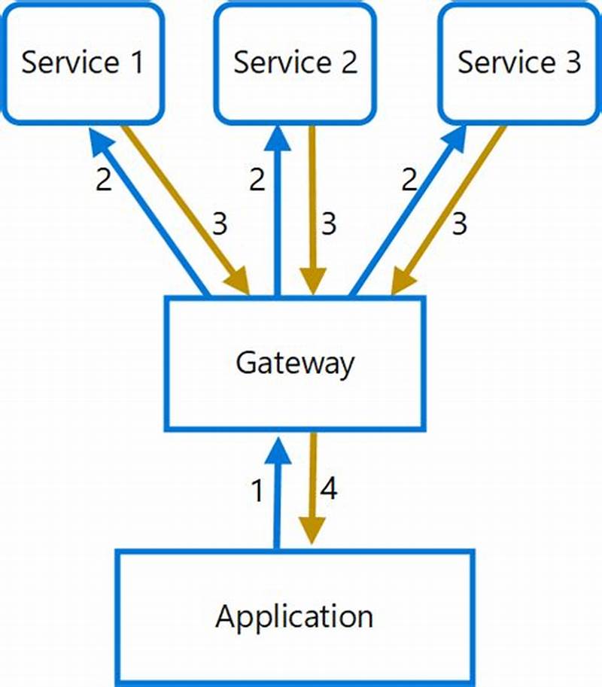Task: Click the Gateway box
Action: (x=295, y=363)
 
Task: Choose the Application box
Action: (x=295, y=617)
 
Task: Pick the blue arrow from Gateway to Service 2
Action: (x=278, y=211)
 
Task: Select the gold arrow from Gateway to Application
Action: (x=312, y=489)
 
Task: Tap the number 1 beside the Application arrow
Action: (x=257, y=491)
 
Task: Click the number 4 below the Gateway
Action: (x=329, y=490)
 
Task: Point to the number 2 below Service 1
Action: (x=104, y=181)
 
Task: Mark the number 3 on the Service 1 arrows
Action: (x=219, y=223)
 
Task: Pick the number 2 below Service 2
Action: (x=257, y=181)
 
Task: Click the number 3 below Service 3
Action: (x=459, y=223)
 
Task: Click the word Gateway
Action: (x=295, y=363)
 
